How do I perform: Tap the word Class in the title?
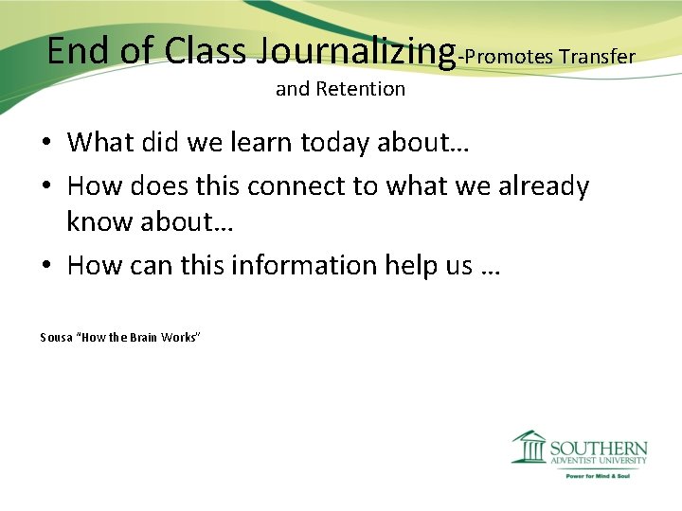tap(205, 50)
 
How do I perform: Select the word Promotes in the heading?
tap(509, 57)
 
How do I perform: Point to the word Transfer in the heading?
tap(597, 57)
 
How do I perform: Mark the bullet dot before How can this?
tap(45, 266)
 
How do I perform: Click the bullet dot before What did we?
tap(45, 143)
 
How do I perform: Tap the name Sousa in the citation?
tap(55, 337)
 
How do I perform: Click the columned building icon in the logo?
tap(529, 448)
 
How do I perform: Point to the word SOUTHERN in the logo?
tap(599, 449)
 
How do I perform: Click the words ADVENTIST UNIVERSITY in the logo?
tap(599, 462)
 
